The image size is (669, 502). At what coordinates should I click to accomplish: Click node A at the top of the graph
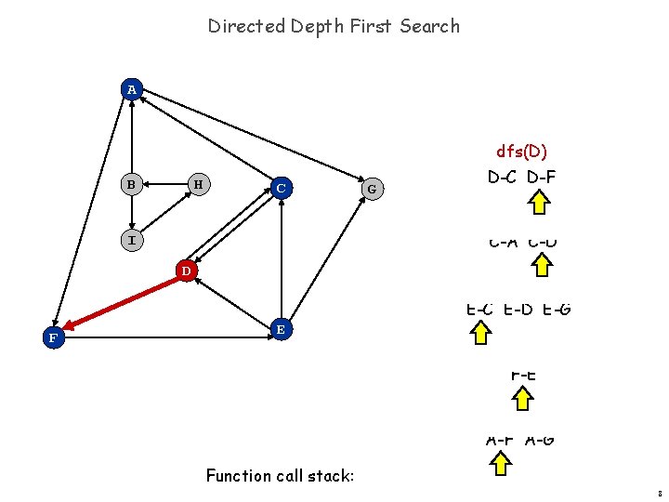coord(132,89)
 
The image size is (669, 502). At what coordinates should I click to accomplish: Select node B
coord(132,184)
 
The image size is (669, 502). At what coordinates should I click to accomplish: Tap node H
coord(196,184)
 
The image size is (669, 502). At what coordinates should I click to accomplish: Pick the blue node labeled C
coord(280,188)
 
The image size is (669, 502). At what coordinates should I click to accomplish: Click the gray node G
coord(372,190)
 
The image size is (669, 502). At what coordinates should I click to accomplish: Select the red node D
coord(186,271)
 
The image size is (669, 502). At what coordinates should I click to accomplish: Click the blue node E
coord(280,329)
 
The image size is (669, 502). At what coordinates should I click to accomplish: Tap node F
coord(54,338)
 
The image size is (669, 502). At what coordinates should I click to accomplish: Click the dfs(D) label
coord(521,151)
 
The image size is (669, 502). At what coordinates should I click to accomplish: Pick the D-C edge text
coord(503,177)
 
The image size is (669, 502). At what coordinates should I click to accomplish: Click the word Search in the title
coord(429,26)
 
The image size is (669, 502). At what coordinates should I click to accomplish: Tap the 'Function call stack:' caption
coord(280,476)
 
